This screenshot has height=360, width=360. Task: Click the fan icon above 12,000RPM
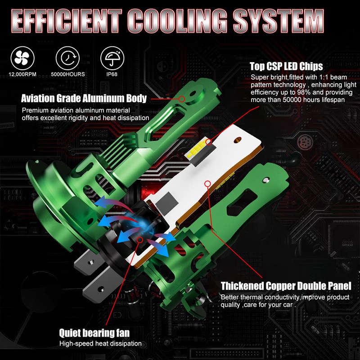[22, 58]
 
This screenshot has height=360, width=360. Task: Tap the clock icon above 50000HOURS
[67, 58]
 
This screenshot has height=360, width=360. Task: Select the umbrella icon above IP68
[112, 58]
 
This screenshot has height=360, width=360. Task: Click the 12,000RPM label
[22, 74]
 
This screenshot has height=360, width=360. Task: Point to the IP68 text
[112, 74]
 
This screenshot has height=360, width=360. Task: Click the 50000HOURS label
[68, 74]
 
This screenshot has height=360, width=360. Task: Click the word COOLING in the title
[177, 21]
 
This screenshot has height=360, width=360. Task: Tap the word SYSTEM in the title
[278, 21]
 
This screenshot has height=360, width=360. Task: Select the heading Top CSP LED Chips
[286, 66]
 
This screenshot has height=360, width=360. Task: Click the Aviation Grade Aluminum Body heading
[84, 98]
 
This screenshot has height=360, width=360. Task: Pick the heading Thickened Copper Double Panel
[286, 286]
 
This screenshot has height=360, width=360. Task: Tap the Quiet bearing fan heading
[94, 333]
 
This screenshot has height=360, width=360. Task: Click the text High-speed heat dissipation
[100, 343]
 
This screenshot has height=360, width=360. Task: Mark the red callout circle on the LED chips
[208, 142]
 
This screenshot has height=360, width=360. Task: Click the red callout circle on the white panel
[207, 184]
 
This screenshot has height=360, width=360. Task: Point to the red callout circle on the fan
[140, 240]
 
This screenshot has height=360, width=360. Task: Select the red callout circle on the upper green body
[182, 99]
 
